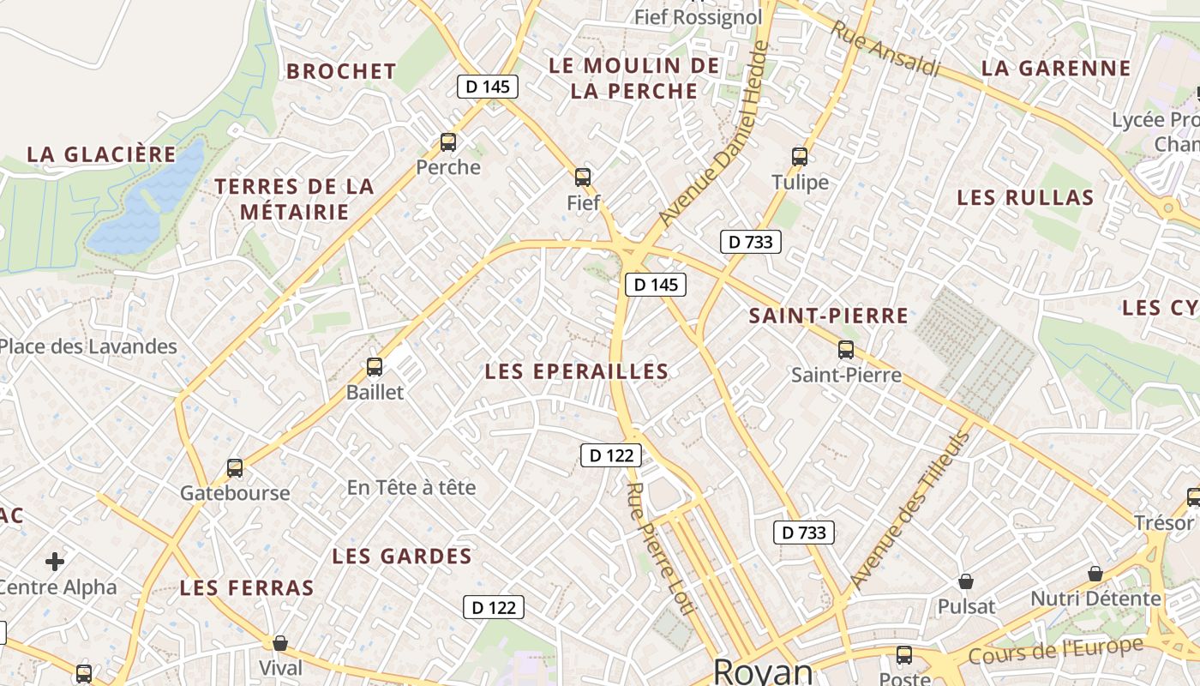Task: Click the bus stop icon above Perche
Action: [x=447, y=142]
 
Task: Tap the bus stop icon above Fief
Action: [x=583, y=178]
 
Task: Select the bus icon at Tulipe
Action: [x=800, y=157]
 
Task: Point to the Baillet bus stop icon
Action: [x=375, y=367]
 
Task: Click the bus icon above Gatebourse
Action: [x=235, y=468]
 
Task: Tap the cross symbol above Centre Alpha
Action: [x=55, y=562]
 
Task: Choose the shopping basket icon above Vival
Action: [x=280, y=642]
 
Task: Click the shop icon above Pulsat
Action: [x=966, y=581]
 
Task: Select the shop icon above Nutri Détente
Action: [x=1095, y=574]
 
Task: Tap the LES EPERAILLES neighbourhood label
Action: [x=576, y=371]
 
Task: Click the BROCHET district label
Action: [x=341, y=71]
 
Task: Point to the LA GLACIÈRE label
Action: [x=101, y=154]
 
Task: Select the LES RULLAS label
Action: [x=1025, y=198]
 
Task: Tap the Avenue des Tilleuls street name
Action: [x=910, y=509]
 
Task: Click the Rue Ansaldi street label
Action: [x=885, y=48]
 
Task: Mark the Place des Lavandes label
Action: [x=88, y=346]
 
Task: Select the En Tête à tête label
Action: [x=411, y=488]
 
